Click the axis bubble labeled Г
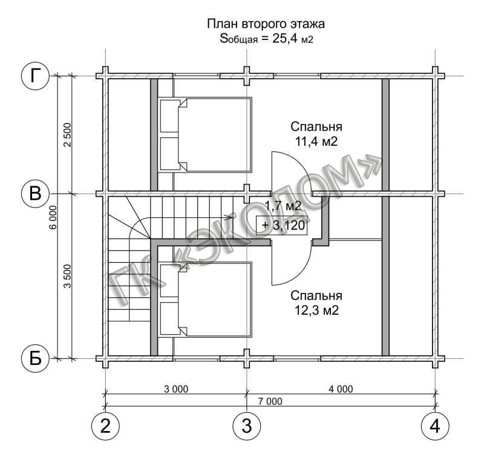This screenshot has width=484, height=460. point(36,76)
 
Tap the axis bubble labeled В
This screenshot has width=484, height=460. point(36,194)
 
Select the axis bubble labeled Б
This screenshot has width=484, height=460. point(36,359)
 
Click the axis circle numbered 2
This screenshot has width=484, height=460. point(105,426)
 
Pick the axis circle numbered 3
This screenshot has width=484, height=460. point(247,426)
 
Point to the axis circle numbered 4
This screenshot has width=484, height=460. point(435,426)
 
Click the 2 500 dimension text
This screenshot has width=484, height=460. point(67,135)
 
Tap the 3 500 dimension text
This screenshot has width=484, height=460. point(67,276)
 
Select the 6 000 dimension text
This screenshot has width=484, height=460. point(53,217)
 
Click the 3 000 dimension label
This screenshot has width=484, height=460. point(176,389)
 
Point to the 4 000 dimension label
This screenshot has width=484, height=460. point(341,389)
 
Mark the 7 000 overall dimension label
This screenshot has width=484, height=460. point(270,401)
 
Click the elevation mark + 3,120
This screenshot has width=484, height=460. point(281,225)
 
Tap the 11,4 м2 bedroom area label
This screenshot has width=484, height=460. point(316,142)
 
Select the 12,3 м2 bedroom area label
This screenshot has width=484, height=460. point(316,310)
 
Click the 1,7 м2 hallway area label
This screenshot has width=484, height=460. point(283,206)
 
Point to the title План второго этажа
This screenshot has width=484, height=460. point(266,24)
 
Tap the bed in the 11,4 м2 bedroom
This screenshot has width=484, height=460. point(205,134)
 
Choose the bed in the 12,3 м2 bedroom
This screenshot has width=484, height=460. point(205,300)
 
